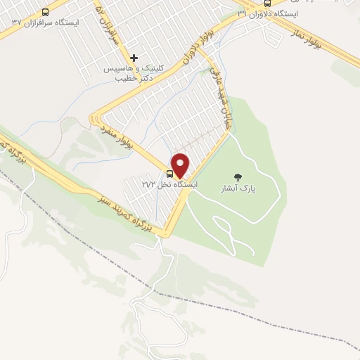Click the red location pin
tap(181, 165)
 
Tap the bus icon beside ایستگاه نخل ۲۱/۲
tap(170, 172)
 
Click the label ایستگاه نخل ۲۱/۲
tap(169, 184)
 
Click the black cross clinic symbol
tap(134, 58)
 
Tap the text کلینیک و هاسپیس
tap(134, 69)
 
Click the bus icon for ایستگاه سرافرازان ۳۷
tap(46, 12)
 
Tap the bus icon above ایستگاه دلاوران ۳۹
tap(287, 3)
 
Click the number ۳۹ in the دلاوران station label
tap(243, 13)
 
